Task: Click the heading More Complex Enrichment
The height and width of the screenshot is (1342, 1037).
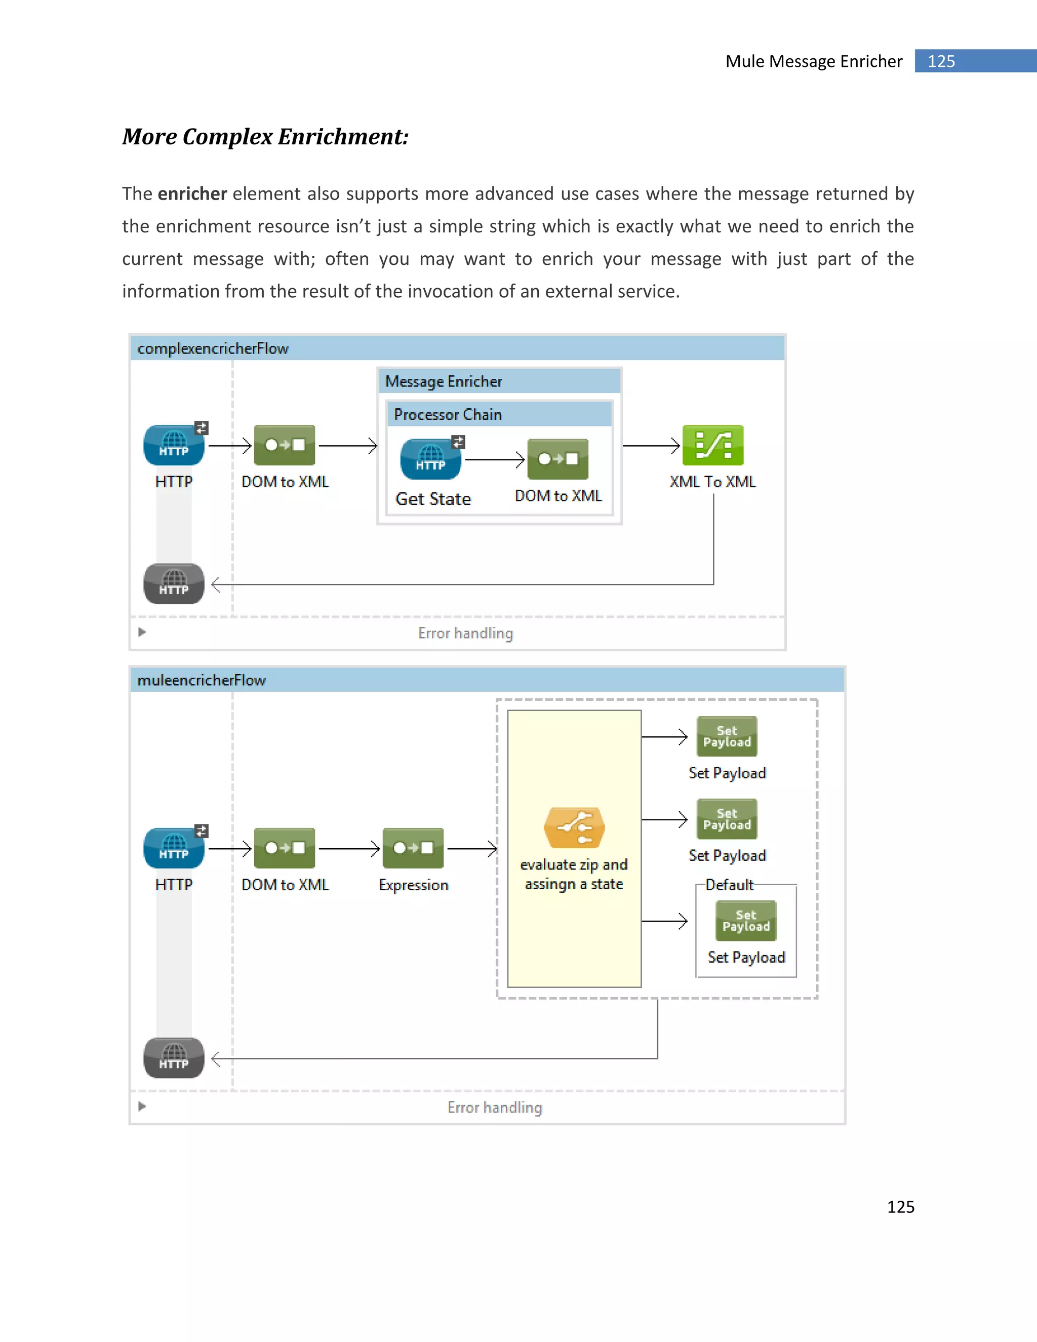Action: (x=265, y=136)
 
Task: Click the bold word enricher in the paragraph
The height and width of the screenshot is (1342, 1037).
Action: (x=192, y=193)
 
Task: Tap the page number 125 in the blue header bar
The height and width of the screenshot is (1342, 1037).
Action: (x=941, y=61)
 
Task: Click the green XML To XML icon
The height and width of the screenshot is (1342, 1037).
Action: (x=712, y=446)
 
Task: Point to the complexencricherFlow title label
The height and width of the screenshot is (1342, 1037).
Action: (x=213, y=348)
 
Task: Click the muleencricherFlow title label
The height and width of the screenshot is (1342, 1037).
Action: (x=202, y=680)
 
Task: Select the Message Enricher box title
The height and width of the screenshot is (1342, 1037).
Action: (x=444, y=382)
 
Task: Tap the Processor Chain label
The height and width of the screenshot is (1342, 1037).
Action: (x=448, y=415)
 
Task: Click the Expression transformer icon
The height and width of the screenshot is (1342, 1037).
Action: (x=413, y=848)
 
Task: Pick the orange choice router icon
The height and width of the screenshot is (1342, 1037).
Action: (x=574, y=827)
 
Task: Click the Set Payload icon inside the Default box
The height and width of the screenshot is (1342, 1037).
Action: (x=746, y=921)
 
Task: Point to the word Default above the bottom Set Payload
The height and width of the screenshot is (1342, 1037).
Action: (x=729, y=885)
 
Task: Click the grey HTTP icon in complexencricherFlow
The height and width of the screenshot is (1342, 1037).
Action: (x=174, y=584)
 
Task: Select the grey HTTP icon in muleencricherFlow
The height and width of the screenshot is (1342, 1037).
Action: (x=174, y=1057)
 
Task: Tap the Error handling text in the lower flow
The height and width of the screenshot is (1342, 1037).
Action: (x=495, y=1107)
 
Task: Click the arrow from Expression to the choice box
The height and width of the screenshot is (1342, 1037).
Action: (x=472, y=849)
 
